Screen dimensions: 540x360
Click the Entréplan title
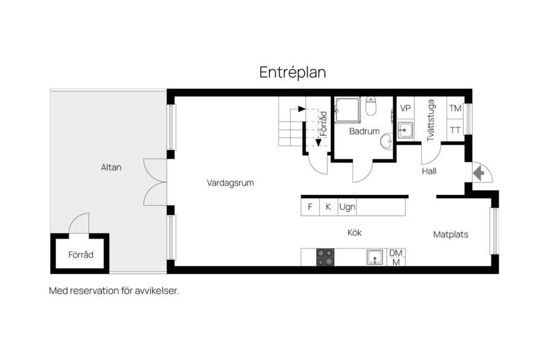[292, 73]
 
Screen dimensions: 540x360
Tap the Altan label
[111, 168]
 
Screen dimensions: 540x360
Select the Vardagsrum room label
[230, 183]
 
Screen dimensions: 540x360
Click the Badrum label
[364, 131]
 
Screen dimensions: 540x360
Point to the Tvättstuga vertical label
[430, 120]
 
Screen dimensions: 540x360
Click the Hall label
[429, 171]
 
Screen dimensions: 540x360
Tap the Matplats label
[451, 235]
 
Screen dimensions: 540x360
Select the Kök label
[354, 233]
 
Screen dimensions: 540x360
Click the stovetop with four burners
[325, 257]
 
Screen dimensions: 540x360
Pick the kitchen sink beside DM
[375, 257]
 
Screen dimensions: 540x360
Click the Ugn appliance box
[347, 207]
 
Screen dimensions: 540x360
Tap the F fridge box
[310, 207]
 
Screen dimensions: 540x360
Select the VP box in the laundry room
[406, 108]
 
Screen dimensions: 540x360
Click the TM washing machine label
[455, 108]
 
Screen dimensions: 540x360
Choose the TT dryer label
[455, 130]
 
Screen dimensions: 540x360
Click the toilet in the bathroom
[371, 106]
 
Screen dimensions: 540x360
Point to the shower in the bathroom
[348, 110]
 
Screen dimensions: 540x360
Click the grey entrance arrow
[479, 173]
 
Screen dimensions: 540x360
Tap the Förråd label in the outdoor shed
[80, 255]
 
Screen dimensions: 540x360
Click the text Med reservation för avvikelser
[114, 291]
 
